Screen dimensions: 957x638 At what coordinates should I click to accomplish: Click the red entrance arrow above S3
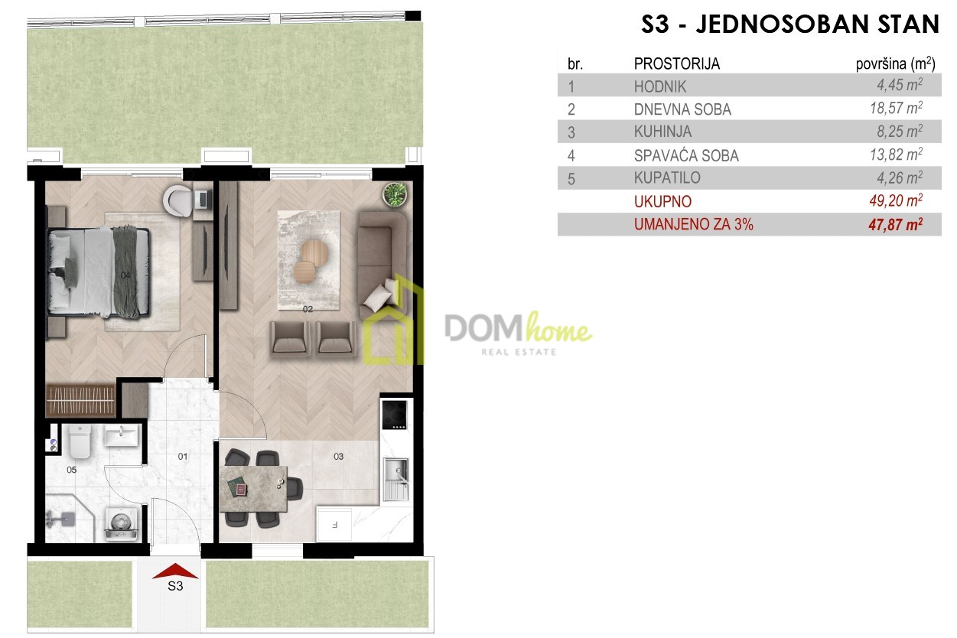click(x=175, y=571)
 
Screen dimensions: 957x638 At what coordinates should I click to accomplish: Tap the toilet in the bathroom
click(x=80, y=440)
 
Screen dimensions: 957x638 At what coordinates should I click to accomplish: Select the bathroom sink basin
click(x=122, y=436)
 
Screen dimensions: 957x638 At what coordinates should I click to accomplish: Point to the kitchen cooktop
click(x=394, y=415)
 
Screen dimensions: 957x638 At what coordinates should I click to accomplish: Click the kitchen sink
click(x=395, y=479)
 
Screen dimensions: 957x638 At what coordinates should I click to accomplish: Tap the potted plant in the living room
click(x=394, y=195)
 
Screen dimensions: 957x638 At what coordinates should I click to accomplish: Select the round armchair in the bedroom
click(x=178, y=200)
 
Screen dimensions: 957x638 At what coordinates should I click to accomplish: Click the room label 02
click(x=308, y=309)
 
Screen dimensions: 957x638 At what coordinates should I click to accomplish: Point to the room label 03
click(x=338, y=457)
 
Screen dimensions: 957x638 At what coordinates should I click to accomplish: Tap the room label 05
click(x=71, y=470)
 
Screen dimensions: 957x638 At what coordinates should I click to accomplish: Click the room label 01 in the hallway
click(x=182, y=457)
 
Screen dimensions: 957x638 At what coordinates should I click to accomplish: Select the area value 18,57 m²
click(x=896, y=108)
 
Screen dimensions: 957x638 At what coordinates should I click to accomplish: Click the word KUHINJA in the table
click(x=662, y=132)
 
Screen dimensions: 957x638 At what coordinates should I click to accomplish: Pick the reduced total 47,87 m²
click(x=896, y=224)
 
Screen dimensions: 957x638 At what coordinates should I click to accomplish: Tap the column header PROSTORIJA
click(x=677, y=64)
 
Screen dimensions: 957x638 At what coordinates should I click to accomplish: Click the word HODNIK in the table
click(x=659, y=86)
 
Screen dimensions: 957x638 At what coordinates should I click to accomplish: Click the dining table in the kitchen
click(x=253, y=488)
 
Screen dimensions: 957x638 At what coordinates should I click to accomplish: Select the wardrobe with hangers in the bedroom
click(x=80, y=400)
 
